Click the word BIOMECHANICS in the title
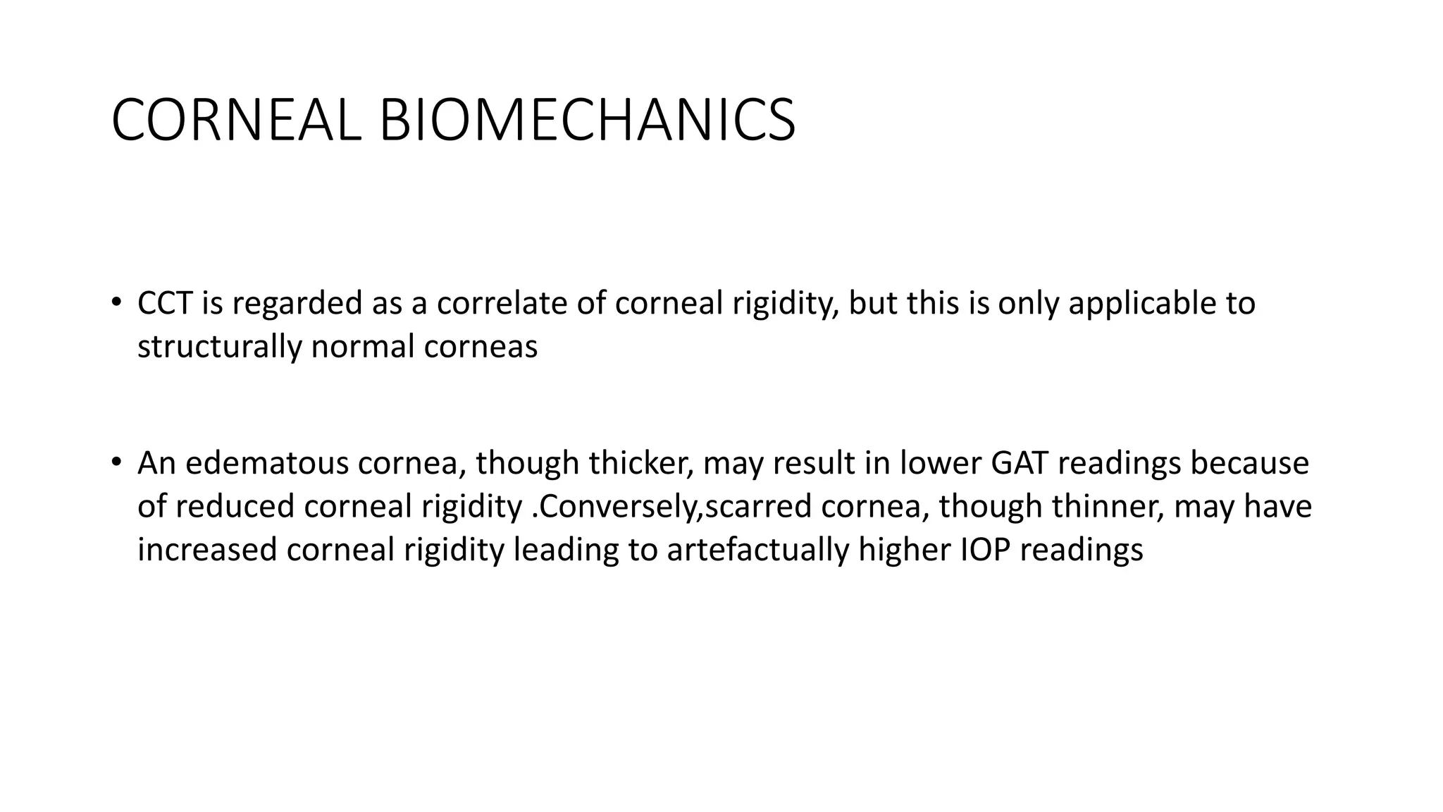[587, 121]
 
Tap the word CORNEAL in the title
[236, 121]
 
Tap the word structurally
[219, 347]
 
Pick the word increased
[207, 550]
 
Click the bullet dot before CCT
[116, 303]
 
